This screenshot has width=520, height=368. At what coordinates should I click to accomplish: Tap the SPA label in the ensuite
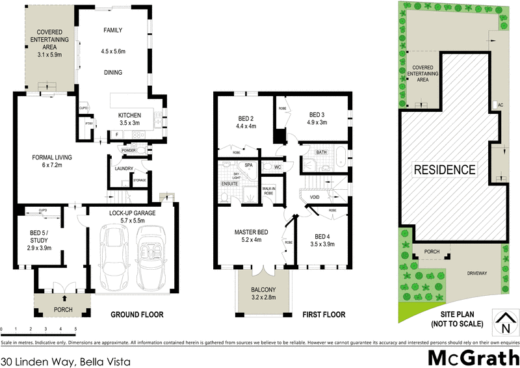(248, 166)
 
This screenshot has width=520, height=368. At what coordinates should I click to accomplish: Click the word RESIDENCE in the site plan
(445, 170)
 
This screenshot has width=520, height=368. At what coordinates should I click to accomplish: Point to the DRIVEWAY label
(476, 274)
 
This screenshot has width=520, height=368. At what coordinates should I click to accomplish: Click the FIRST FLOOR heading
(324, 315)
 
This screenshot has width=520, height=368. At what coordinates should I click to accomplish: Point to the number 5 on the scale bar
(76, 330)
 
